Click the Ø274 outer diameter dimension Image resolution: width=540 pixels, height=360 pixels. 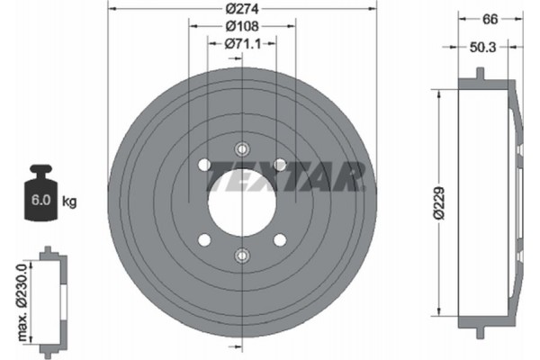point(242,10)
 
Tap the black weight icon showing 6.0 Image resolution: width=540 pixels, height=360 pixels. point(41,194)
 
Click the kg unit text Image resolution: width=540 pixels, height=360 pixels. point(70,202)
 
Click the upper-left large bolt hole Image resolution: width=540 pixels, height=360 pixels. point(203,164)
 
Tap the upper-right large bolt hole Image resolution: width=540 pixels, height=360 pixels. point(280,164)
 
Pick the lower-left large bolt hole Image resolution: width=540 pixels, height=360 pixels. point(203,239)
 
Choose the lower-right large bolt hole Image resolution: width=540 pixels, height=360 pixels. point(280,239)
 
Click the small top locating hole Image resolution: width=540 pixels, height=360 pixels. point(241,148)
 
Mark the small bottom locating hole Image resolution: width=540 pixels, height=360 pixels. point(241,255)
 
